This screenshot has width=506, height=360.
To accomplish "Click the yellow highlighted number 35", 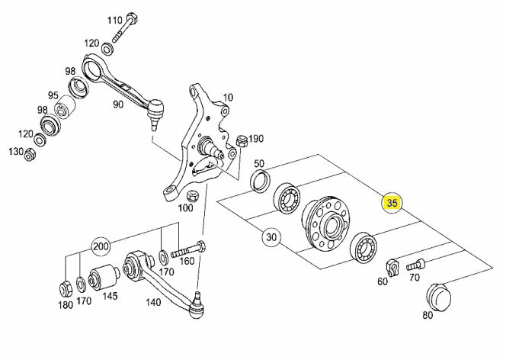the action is click(x=392, y=204).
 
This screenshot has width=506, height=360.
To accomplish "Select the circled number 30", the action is click(x=271, y=237).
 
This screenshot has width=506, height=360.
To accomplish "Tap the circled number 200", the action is click(x=101, y=247).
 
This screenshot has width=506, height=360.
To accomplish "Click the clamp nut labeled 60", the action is click(x=392, y=268).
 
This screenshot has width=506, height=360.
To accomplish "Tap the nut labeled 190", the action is click(x=242, y=141).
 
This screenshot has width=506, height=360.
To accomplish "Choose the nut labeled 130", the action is click(x=30, y=155).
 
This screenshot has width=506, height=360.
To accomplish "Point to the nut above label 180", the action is click(x=66, y=289).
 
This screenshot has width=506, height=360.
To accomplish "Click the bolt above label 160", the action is click(x=188, y=249).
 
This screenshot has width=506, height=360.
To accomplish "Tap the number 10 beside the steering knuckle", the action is click(x=228, y=97).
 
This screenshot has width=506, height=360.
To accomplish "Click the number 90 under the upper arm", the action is click(x=118, y=104).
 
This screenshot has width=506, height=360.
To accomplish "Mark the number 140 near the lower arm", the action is click(x=152, y=302).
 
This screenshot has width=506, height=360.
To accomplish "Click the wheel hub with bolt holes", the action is click(x=326, y=223).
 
